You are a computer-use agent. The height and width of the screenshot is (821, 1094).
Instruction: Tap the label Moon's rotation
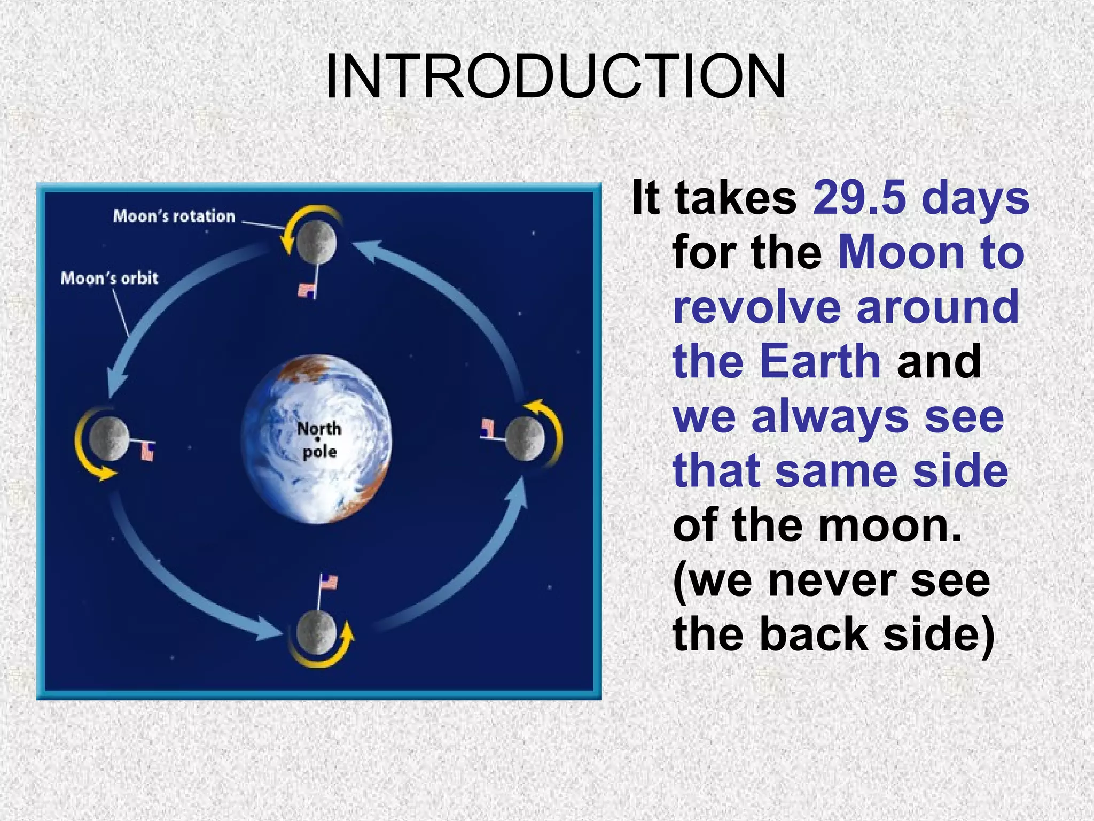[x=174, y=216]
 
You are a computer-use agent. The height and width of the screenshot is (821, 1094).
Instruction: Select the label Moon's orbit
[x=110, y=278]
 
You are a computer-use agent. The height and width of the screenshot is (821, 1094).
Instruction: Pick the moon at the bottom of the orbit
[x=316, y=633]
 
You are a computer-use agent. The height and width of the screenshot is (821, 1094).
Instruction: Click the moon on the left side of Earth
[x=110, y=438]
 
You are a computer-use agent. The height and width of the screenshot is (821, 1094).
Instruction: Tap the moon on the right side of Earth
[x=525, y=438]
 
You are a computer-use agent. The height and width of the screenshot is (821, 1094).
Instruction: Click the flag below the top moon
[x=307, y=290]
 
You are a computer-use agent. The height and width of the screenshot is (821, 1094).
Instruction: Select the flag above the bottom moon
[x=329, y=582]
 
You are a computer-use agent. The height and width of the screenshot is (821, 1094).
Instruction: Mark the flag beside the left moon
[x=147, y=452]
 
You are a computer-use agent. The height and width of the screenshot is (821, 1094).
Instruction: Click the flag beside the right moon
[x=488, y=428]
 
